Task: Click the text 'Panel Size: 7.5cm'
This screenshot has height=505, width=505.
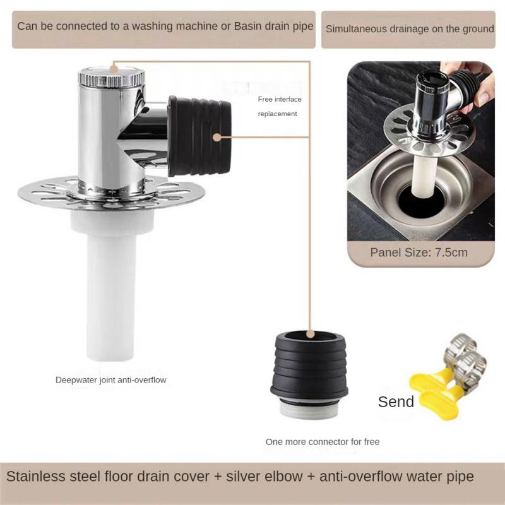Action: coord(419,252)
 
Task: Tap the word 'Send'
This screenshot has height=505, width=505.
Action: coord(396,401)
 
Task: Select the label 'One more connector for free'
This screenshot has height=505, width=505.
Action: coord(323,442)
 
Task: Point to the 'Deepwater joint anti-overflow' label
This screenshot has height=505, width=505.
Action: coord(110,379)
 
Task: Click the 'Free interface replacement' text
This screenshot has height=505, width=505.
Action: coord(278,106)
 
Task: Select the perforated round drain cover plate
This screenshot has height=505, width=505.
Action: coord(50,189)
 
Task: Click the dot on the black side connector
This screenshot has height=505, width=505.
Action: coord(217,136)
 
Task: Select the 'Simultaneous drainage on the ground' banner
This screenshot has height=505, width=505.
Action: coord(410,29)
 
